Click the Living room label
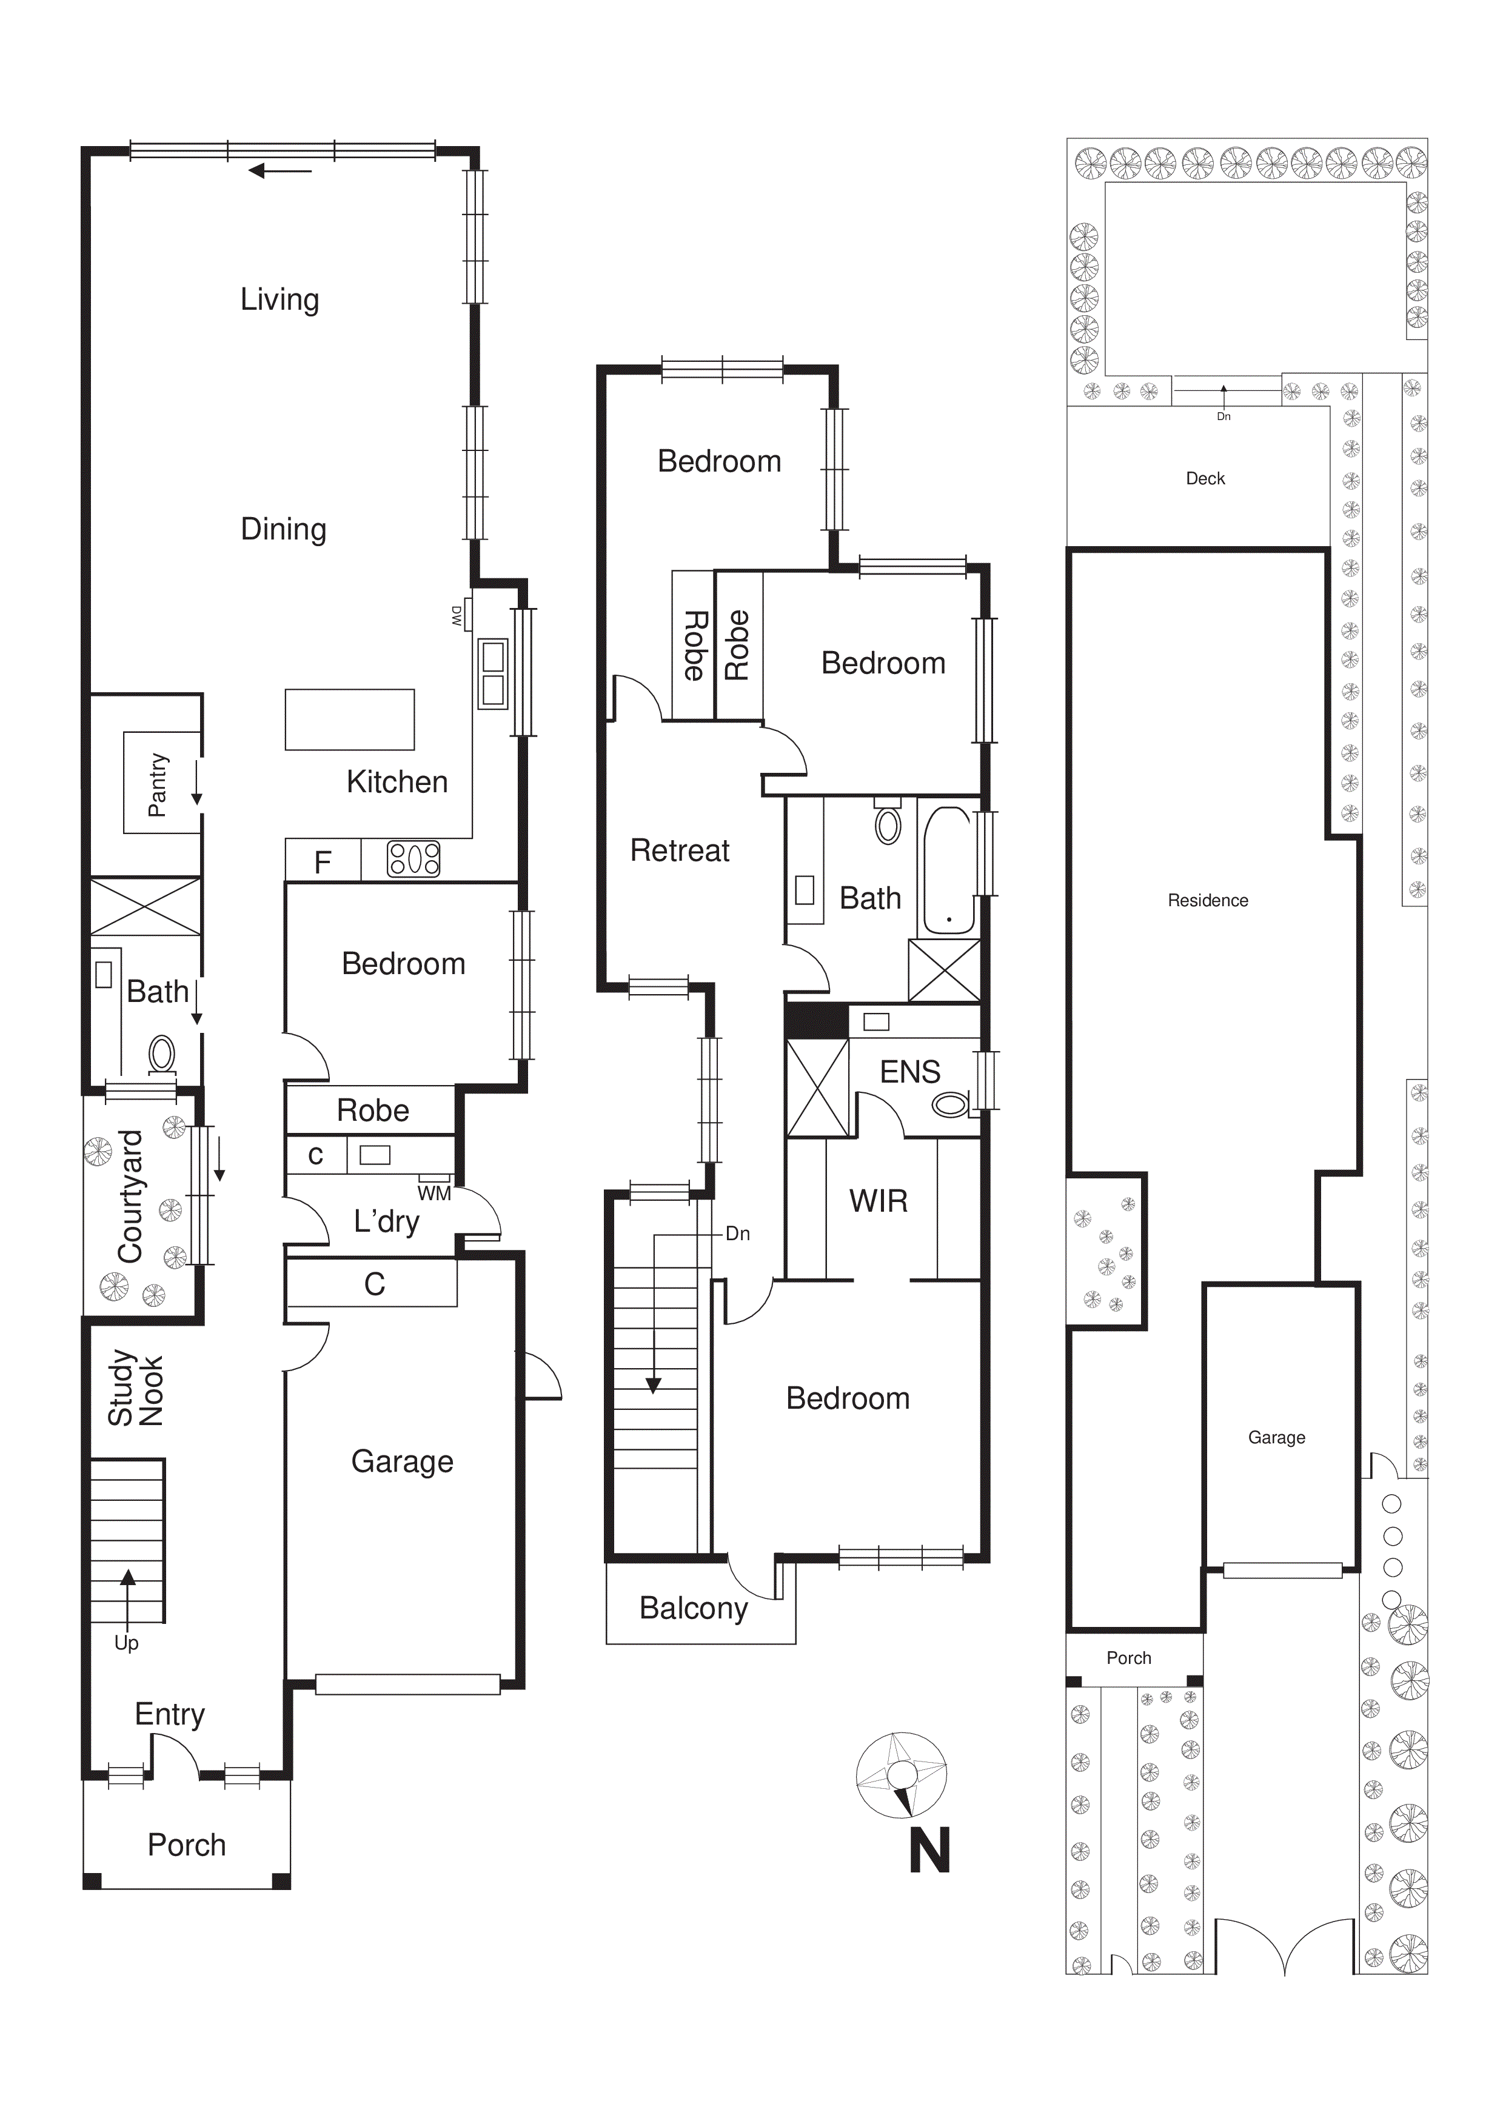(x=280, y=299)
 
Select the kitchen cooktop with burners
(x=413, y=858)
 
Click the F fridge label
(x=322, y=862)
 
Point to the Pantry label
(x=158, y=784)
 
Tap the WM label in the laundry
(x=434, y=1194)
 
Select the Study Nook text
(x=135, y=1389)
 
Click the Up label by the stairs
(x=126, y=1643)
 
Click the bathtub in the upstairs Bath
(x=948, y=870)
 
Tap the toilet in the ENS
(x=949, y=1104)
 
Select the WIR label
(x=879, y=1201)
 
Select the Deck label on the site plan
(x=1205, y=478)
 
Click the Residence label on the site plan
(x=1208, y=900)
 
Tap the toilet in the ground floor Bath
(x=162, y=1053)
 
